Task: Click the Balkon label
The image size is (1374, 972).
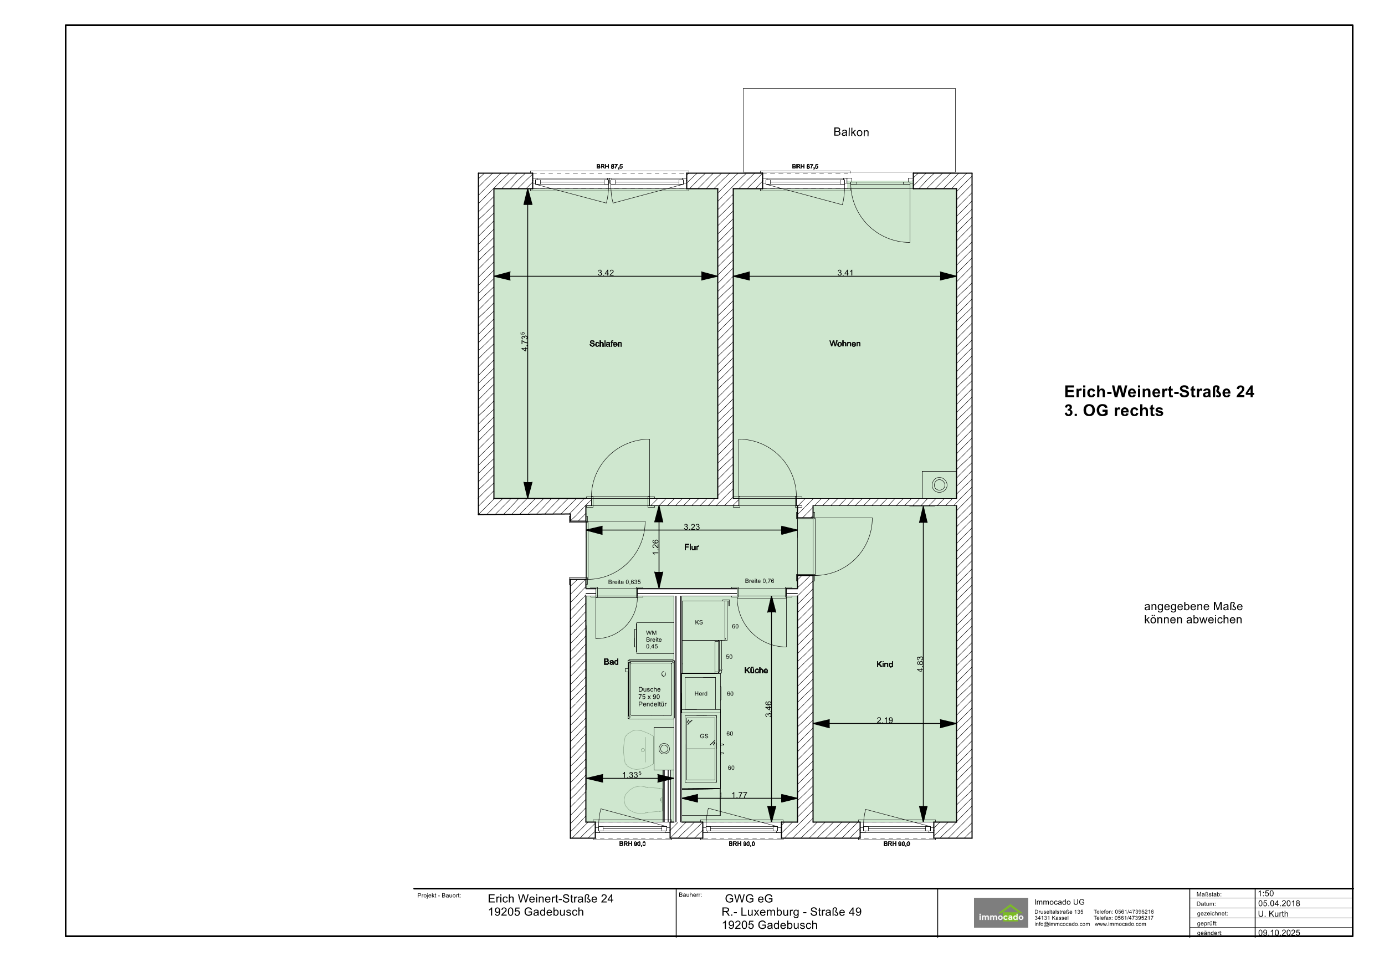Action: (851, 132)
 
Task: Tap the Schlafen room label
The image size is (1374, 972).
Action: (606, 344)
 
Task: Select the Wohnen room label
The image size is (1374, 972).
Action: (845, 344)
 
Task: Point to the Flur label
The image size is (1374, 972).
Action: (691, 547)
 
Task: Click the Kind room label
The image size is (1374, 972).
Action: (884, 664)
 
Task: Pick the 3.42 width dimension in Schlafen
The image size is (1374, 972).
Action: (606, 273)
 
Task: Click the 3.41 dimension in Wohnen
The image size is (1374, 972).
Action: (845, 273)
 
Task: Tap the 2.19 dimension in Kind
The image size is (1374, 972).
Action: (884, 720)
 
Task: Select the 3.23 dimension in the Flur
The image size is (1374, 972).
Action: (692, 526)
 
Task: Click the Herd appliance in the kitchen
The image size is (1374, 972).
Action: (700, 694)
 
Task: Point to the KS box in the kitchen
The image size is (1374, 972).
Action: (704, 621)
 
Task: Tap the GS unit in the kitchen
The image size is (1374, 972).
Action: (701, 749)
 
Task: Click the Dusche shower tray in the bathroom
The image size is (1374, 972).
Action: (651, 689)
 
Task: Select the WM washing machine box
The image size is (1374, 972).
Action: (655, 638)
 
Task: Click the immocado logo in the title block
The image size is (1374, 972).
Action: (1001, 913)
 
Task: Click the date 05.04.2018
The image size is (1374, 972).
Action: (1279, 904)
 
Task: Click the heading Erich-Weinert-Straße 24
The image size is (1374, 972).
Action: (1159, 392)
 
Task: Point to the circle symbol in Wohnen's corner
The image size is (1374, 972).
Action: (940, 485)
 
